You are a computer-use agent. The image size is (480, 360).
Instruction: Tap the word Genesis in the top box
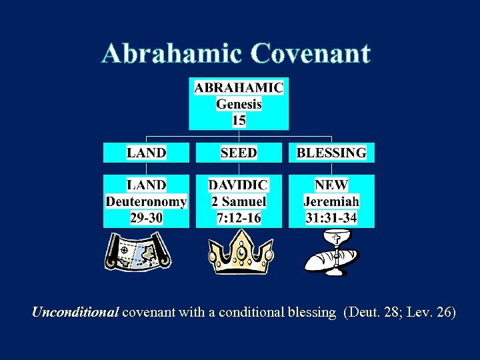239,104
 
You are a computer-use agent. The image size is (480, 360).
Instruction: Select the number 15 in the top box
239,120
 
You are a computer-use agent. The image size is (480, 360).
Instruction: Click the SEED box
239,153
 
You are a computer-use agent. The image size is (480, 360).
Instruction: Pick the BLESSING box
331,153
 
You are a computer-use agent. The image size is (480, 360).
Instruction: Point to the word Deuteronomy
147,201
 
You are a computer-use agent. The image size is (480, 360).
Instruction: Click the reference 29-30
147,217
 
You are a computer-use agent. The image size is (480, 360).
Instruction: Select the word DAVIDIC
239,185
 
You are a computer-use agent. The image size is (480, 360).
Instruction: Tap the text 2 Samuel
239,201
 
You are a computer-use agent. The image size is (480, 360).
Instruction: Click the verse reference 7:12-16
239,217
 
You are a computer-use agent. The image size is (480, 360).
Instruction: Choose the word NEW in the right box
331,185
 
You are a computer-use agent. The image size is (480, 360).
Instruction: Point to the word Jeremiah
331,201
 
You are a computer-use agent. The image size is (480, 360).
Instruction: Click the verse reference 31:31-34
331,217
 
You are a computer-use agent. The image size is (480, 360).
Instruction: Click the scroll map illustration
137,252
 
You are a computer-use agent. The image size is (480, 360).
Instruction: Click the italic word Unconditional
75,312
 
